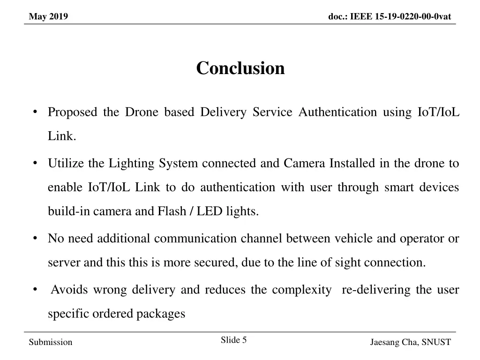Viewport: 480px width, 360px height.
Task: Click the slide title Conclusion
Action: tap(240, 68)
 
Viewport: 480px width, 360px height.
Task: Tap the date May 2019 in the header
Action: tap(48, 17)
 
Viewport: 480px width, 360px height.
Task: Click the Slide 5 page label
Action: tap(233, 340)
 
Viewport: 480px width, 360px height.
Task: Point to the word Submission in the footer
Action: tap(51, 342)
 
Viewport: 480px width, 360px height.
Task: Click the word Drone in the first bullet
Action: tap(142, 112)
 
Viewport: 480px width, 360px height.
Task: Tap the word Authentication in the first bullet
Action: tap(337, 112)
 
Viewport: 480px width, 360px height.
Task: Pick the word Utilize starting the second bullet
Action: tap(66, 164)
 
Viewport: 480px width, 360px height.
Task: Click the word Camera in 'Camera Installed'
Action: tap(304, 164)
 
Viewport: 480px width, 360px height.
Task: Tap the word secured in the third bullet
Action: tap(215, 262)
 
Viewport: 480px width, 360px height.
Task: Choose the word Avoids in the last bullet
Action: tap(69, 290)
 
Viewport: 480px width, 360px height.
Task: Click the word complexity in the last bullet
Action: tap(301, 290)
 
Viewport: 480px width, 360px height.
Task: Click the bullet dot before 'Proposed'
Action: tap(36, 112)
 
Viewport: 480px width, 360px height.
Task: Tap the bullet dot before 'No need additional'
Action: tap(36, 238)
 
